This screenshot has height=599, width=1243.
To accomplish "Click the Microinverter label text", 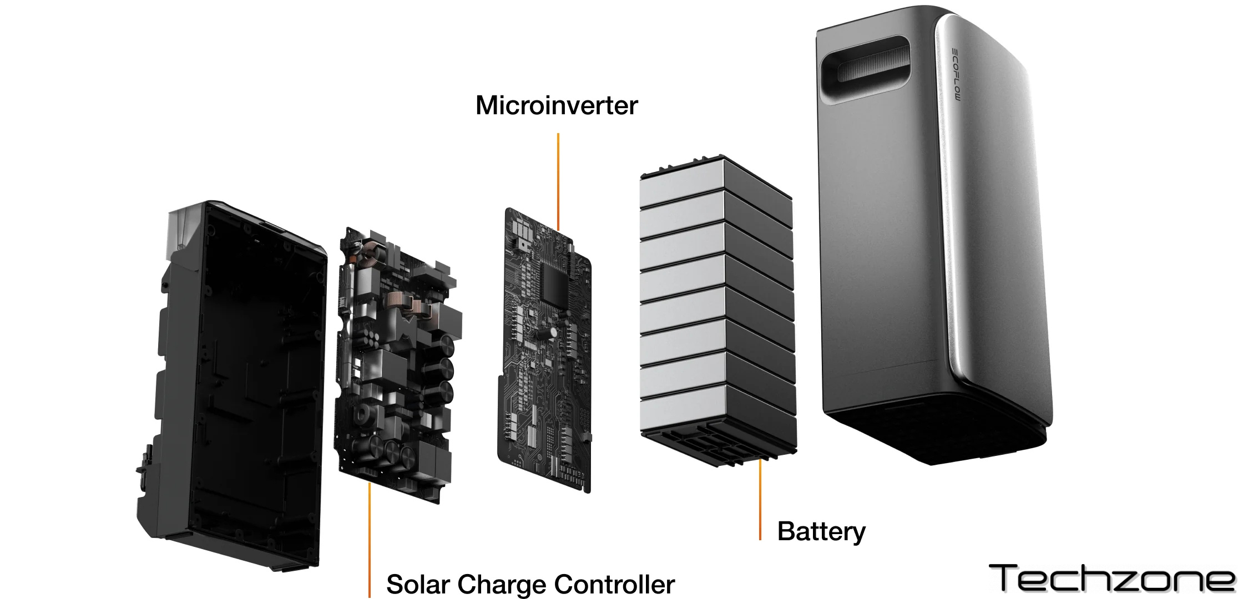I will [x=557, y=105].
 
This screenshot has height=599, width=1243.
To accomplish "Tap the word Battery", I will [x=821, y=531].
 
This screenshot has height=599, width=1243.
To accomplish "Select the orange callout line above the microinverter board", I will [x=558, y=180].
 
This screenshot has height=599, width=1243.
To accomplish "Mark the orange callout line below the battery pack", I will [x=760, y=499].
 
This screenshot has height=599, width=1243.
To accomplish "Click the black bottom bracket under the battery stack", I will [x=716, y=449].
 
